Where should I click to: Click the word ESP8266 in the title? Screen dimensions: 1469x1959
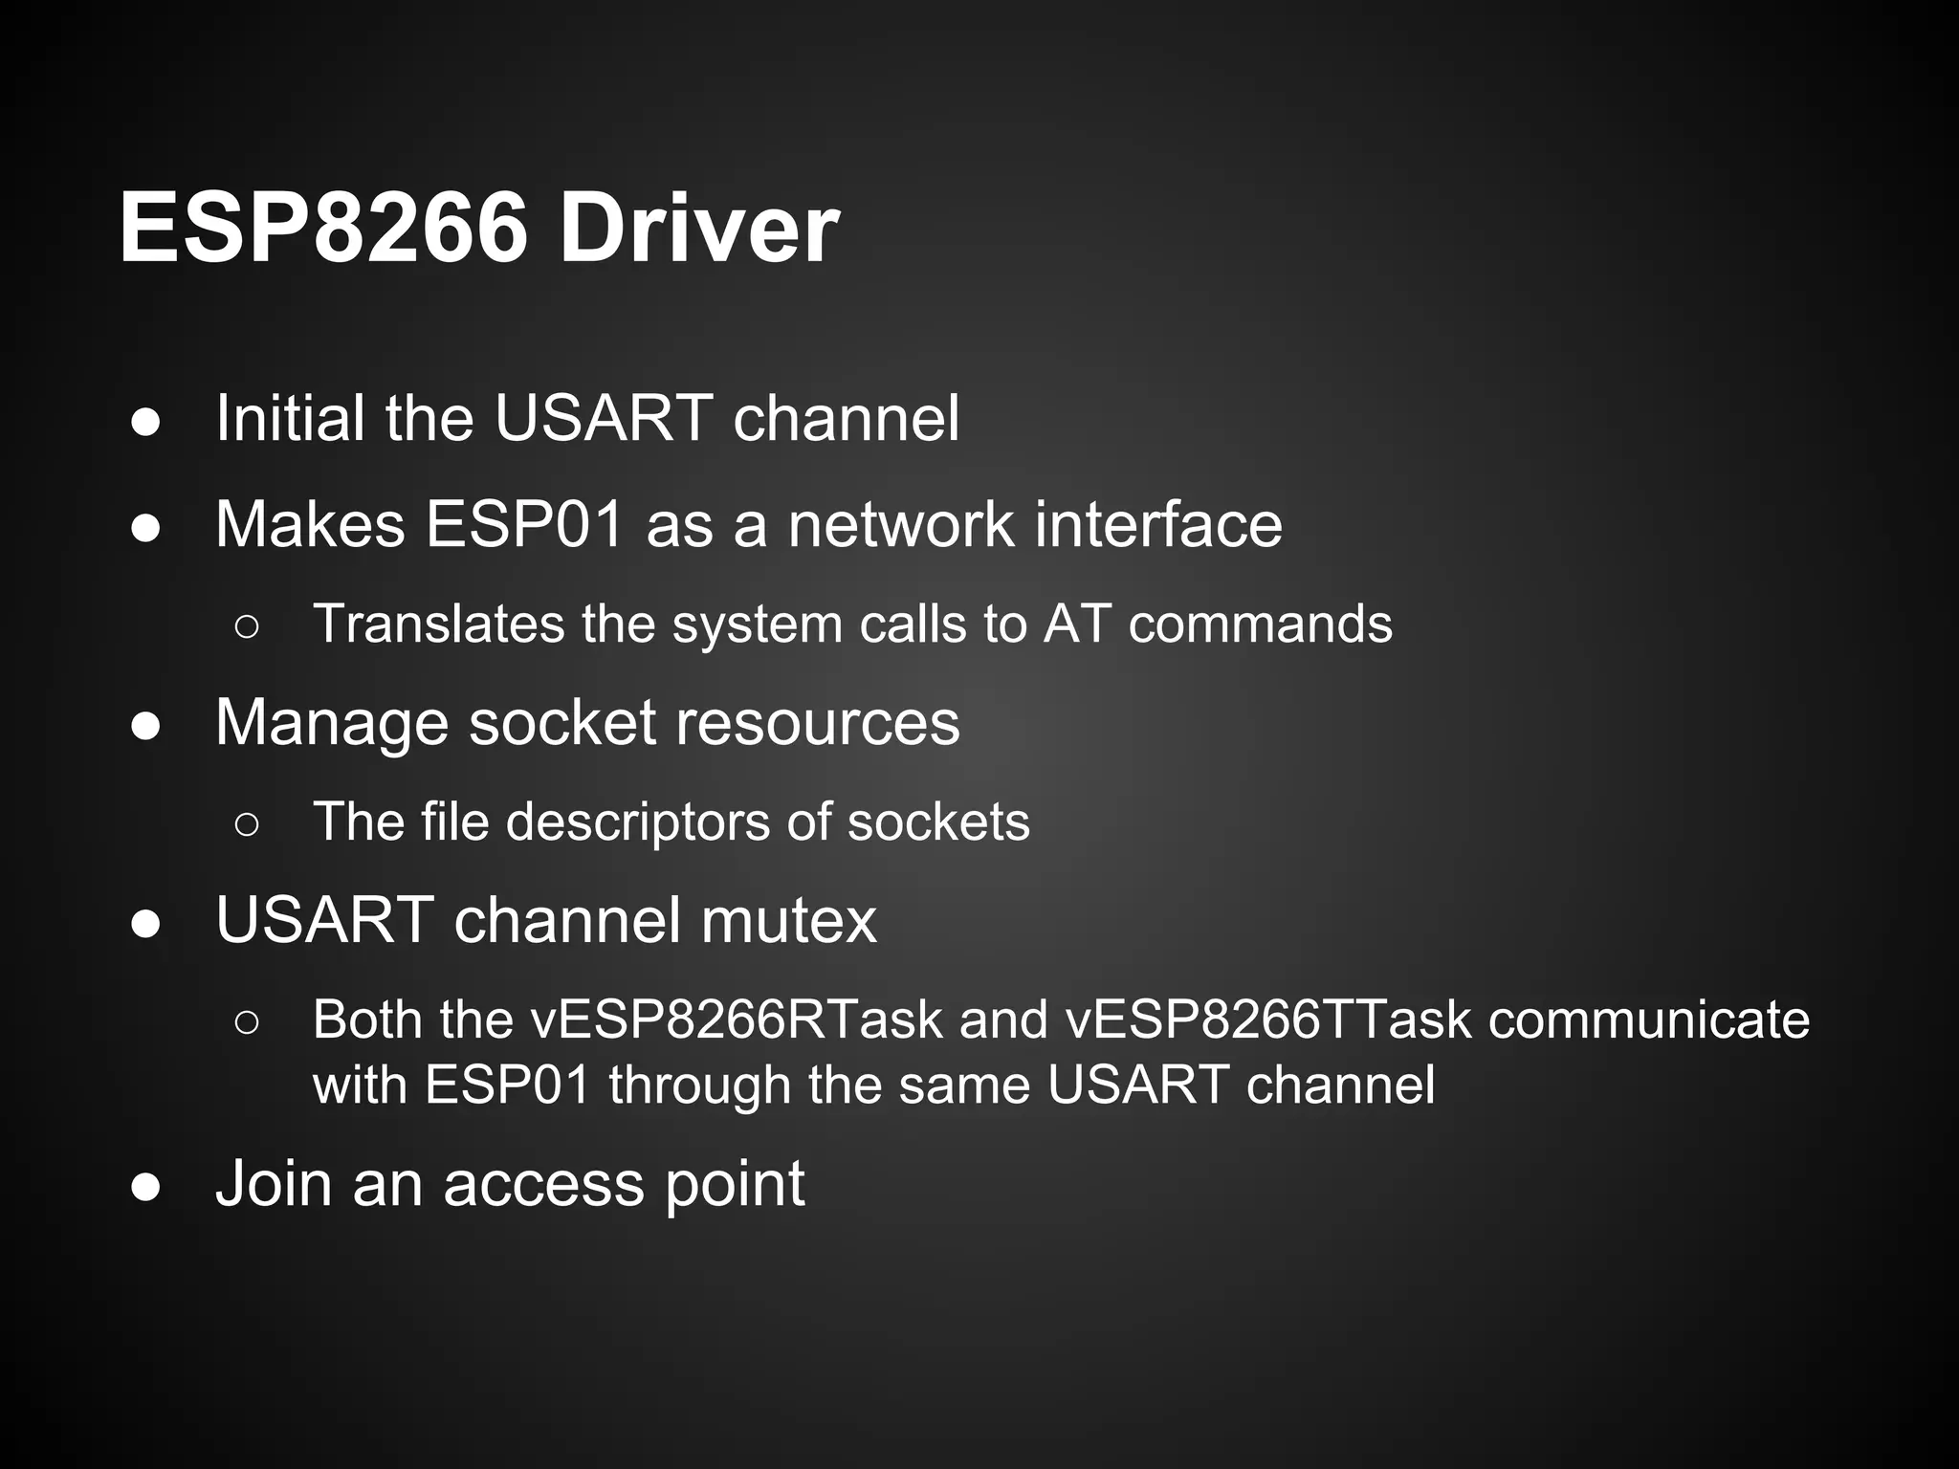tap(323, 230)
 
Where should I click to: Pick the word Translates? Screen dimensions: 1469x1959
tap(439, 624)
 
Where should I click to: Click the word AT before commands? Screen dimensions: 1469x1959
tap(1077, 624)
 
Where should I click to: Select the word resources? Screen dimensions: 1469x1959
tap(817, 722)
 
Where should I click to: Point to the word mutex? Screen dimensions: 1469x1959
tap(788, 920)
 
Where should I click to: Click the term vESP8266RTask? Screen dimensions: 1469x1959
tap(737, 1020)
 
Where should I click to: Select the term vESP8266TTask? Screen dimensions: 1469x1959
tap(1268, 1020)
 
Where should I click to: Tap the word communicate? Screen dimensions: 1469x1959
tap(1649, 1020)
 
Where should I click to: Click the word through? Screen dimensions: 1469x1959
tap(697, 1085)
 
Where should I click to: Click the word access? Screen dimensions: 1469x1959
tap(544, 1184)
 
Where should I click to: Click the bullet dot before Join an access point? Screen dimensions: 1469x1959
tap(146, 1187)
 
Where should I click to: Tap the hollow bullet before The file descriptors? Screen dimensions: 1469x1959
tap(246, 823)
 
